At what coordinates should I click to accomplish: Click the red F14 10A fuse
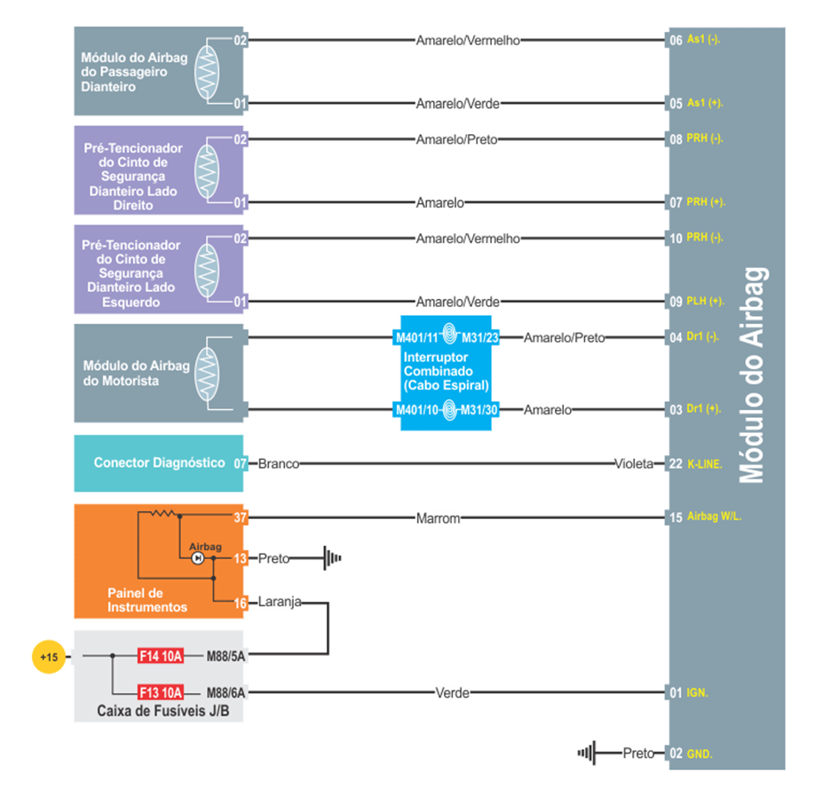tap(161, 657)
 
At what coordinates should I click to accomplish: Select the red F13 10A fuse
tap(161, 692)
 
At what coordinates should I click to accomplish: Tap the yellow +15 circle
tap(48, 657)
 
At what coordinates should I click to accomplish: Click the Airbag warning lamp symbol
tap(198, 558)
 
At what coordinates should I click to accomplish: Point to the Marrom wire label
tap(438, 518)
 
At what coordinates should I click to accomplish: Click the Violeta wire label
tap(634, 463)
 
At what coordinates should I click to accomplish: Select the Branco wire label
tap(278, 463)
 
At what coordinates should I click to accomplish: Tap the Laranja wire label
tap(280, 603)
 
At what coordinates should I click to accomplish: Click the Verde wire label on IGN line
tap(452, 693)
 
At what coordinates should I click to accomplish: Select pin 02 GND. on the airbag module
tap(692, 753)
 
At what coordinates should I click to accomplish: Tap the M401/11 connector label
tap(417, 338)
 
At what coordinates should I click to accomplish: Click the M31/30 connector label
tap(480, 409)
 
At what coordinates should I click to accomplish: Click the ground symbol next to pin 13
tap(331, 559)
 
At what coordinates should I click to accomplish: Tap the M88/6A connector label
tap(225, 692)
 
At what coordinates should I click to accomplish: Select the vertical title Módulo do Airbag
tap(753, 374)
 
